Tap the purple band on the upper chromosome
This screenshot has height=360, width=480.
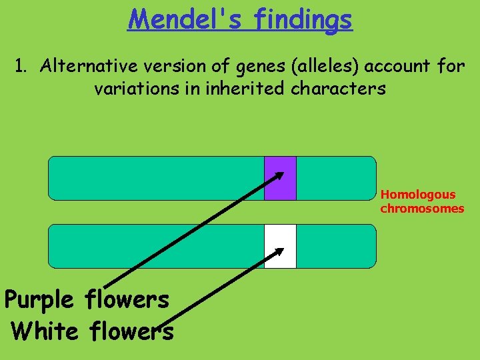click(x=280, y=179)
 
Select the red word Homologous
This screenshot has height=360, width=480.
click(x=418, y=195)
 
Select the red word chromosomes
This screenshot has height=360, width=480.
click(x=422, y=209)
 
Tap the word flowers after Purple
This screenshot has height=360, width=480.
click(x=127, y=301)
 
